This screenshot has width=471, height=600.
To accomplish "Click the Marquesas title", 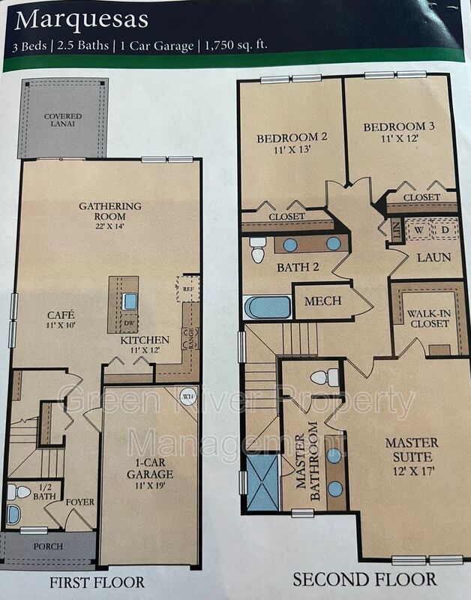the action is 81,20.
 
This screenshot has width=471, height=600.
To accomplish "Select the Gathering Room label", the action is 110,211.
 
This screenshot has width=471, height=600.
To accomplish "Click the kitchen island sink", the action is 130,301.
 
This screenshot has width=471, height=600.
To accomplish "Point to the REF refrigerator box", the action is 187,289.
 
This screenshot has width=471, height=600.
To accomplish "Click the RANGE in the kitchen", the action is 190,338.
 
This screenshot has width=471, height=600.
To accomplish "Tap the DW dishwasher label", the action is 129,323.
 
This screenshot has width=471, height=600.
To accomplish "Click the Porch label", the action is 48,547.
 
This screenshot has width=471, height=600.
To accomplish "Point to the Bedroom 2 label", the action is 292,138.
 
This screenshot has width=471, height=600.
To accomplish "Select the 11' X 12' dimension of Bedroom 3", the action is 398,139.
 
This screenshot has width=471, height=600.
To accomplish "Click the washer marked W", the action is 419,229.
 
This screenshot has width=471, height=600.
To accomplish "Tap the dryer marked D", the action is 445,229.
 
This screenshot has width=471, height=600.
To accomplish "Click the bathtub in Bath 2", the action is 268,308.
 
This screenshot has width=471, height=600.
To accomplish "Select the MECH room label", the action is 323,301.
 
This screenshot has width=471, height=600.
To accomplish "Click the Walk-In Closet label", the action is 428,318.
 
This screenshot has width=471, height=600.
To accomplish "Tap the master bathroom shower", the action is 262,482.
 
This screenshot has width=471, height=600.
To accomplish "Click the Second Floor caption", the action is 364,579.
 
